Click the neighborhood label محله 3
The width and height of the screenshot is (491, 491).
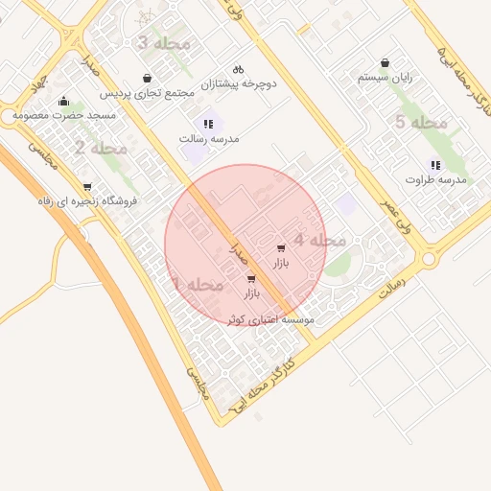point(165,44)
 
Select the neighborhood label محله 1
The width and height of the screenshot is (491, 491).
point(198,286)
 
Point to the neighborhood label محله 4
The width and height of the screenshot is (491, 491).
point(319,241)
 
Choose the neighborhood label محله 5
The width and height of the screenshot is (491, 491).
point(421,123)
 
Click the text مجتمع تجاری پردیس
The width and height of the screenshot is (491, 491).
point(148,94)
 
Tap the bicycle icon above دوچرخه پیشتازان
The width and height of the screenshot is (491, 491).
point(238,69)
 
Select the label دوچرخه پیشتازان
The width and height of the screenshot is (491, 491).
point(239,84)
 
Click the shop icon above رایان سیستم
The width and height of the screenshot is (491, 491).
point(385,61)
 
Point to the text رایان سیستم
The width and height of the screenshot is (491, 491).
point(385,77)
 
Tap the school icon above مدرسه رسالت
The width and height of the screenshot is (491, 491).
point(208,124)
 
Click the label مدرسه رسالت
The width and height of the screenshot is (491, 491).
point(208,139)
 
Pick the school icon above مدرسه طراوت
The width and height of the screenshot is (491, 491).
point(435,165)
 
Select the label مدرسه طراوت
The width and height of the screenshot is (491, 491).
point(435,180)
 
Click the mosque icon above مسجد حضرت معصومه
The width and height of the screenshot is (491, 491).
point(64,102)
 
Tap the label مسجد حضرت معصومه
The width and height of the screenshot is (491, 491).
point(64,116)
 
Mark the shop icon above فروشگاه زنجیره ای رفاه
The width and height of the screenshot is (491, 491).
point(87,187)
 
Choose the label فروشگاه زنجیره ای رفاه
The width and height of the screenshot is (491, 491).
point(87,201)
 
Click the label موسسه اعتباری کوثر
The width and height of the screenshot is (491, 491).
point(270,319)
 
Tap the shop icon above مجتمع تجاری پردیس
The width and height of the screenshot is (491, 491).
point(147,79)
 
